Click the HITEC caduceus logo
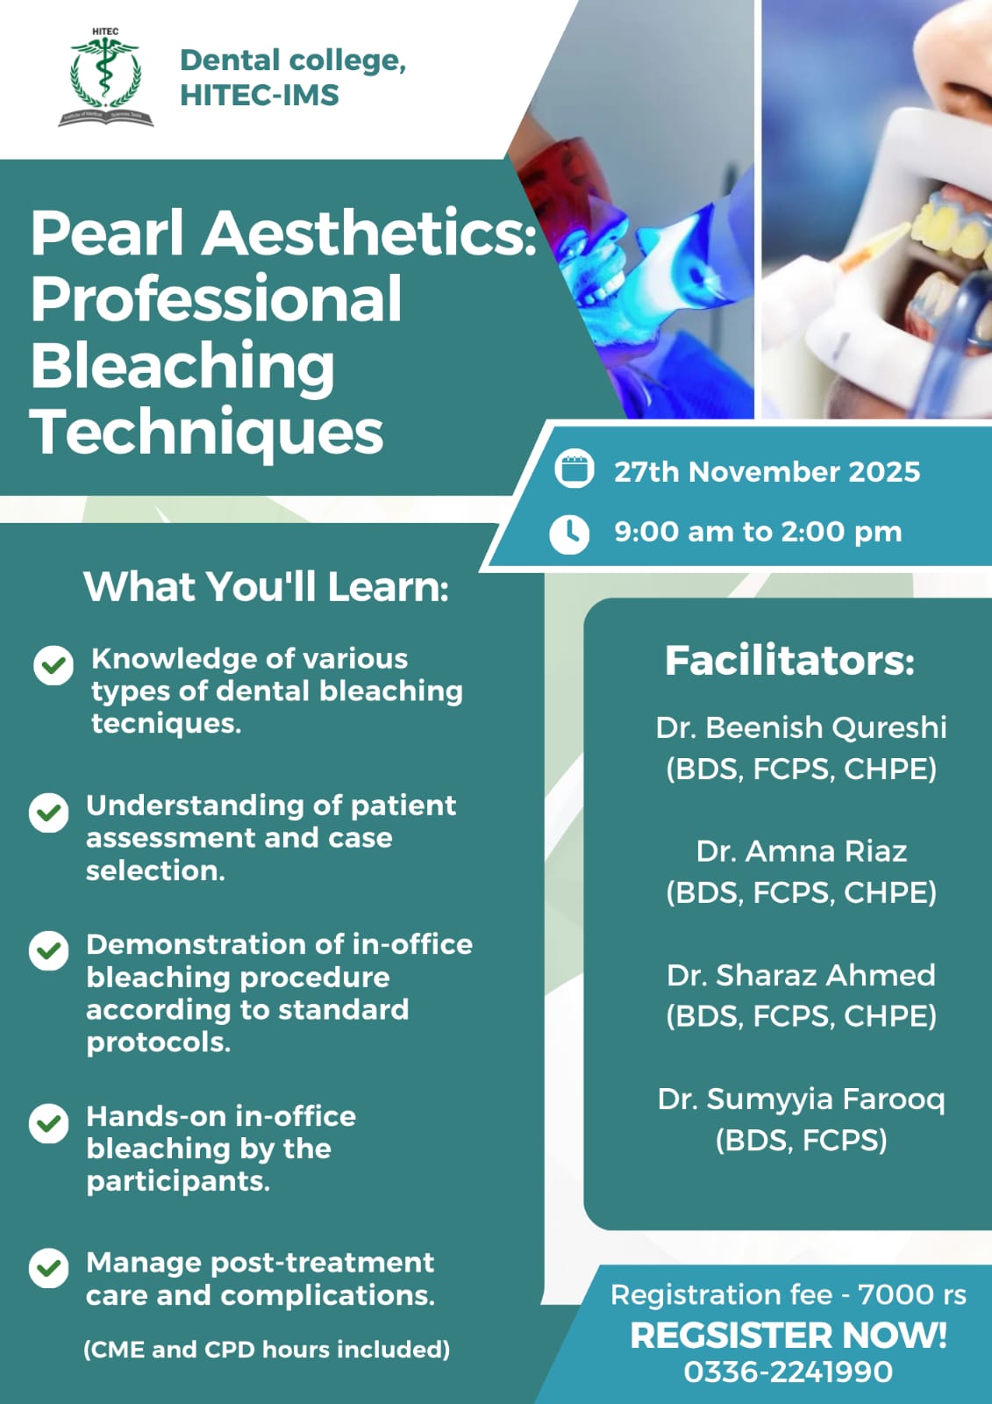click(106, 77)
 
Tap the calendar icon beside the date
click(574, 469)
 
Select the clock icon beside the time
click(569, 534)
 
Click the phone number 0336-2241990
click(788, 1372)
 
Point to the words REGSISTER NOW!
click(789, 1335)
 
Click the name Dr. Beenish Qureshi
click(801, 727)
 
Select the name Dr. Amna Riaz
click(802, 851)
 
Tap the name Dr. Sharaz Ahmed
click(801, 975)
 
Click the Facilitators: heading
click(789, 661)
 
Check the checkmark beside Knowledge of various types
click(54, 665)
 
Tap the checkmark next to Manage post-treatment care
click(48, 1268)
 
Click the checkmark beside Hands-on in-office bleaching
click(48, 1123)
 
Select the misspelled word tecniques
click(166, 723)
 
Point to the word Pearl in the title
click(107, 233)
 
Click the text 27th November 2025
click(767, 472)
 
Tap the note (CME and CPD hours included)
click(267, 1349)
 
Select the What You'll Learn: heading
click(267, 587)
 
